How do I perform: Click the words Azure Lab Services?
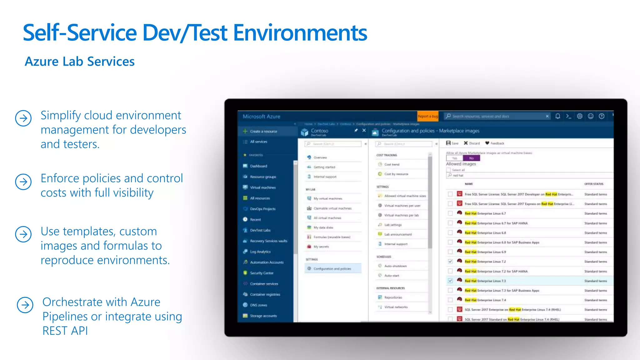point(80,62)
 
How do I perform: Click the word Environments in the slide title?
point(300,33)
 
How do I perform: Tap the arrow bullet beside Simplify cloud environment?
point(23,118)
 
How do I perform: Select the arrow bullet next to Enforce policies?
point(23,182)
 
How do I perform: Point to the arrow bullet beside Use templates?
point(23,234)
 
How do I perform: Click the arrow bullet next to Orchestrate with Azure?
point(25,305)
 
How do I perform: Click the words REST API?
point(65,331)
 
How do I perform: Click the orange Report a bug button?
point(428,116)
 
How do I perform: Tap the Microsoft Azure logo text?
point(261,117)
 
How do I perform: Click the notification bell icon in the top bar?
point(557,116)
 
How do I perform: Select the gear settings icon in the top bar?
point(579,116)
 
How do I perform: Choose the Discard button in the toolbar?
point(472,143)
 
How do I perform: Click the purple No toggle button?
point(471,158)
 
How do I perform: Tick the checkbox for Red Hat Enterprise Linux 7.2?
point(450,262)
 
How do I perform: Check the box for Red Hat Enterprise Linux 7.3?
point(450,281)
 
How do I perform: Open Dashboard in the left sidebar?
point(258,166)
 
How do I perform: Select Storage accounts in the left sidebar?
point(263,316)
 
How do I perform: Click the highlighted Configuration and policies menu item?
point(332,269)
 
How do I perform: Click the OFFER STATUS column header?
point(594,184)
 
